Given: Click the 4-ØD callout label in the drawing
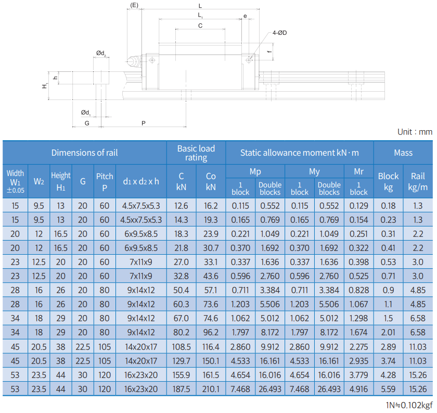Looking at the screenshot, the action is (279, 33).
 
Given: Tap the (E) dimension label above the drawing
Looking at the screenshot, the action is (134, 5).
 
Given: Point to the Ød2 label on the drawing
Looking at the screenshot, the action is (101, 53).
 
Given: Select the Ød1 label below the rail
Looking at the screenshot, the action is (85, 112).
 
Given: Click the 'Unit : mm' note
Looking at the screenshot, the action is (415, 132).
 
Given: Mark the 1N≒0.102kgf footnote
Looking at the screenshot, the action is (409, 405).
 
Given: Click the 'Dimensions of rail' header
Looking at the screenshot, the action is (84, 153).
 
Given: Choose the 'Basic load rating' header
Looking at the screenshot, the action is (196, 153).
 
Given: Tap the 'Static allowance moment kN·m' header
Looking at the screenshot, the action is (300, 153).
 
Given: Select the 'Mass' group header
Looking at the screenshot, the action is (403, 153).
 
